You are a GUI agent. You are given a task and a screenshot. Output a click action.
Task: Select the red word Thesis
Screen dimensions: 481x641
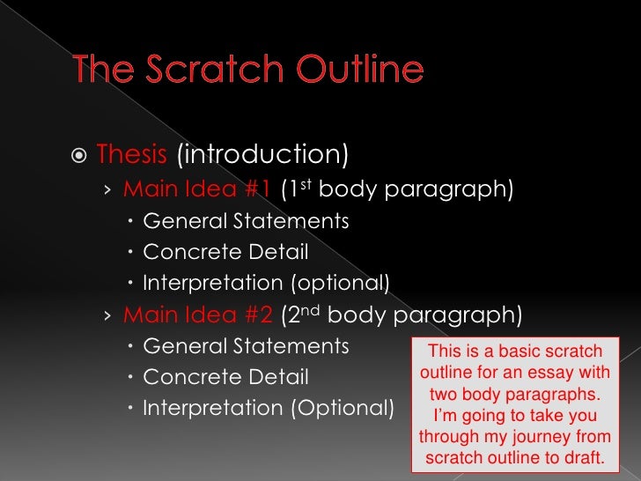tap(132, 155)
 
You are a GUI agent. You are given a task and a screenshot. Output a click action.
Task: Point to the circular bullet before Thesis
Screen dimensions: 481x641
tap(77, 156)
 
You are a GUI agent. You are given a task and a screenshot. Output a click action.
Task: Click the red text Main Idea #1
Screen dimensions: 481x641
tap(198, 189)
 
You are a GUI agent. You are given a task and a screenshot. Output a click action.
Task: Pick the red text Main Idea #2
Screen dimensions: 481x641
tap(198, 314)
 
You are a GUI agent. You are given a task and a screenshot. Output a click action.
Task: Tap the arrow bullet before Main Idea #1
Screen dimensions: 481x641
tap(107, 190)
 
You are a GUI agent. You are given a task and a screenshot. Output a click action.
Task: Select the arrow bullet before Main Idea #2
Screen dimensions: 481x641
tap(107, 315)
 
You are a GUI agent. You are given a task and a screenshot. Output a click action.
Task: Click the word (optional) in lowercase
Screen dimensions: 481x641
tap(340, 283)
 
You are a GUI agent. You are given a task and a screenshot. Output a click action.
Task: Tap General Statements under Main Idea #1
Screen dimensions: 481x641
tap(246, 221)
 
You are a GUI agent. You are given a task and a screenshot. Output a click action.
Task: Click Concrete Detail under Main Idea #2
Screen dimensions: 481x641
tap(225, 378)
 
